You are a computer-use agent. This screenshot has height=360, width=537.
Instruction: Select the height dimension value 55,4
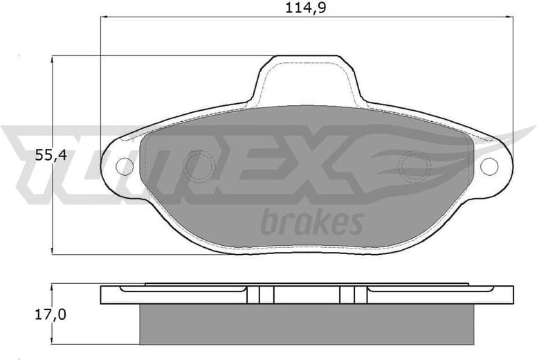tap(51, 156)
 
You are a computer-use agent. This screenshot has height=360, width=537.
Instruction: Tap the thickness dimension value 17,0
tap(52, 315)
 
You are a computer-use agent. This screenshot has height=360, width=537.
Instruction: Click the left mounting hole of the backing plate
tap(124, 165)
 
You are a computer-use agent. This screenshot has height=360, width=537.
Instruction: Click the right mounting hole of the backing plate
tap(489, 166)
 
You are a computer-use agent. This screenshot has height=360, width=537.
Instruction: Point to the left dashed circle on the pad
tap(199, 166)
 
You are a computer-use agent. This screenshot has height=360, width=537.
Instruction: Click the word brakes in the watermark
tap(311, 223)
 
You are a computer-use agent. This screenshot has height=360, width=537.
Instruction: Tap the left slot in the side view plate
tap(260, 295)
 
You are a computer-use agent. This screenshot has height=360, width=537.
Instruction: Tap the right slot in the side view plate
tap(354, 295)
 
